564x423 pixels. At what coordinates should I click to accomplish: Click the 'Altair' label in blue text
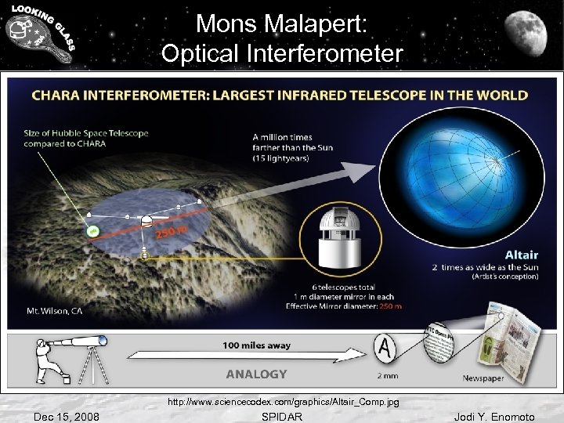point(522,255)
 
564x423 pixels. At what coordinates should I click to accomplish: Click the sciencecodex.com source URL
point(283,402)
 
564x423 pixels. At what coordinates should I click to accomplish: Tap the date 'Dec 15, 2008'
point(66,416)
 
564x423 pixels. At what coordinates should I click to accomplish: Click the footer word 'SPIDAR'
point(283,416)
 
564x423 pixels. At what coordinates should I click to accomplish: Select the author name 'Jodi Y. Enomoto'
point(494,416)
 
